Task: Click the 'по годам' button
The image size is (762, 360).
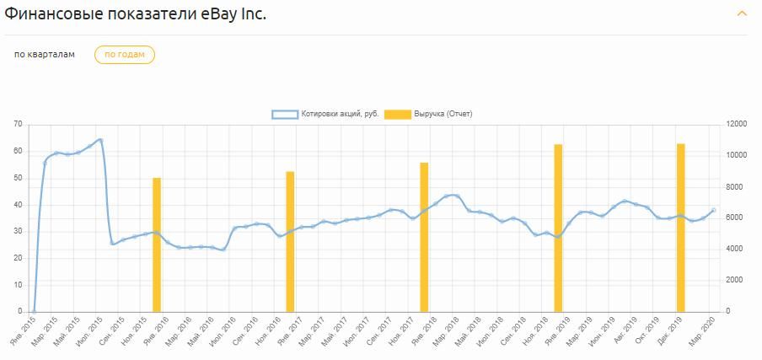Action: tap(124, 55)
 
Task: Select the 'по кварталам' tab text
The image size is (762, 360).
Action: tap(45, 55)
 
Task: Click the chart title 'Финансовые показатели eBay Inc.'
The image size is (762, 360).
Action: tap(136, 14)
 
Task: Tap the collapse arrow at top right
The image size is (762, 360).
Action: tap(742, 13)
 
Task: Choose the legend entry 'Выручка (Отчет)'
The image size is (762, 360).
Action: tap(432, 114)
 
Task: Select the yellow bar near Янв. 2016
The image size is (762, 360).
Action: tap(157, 244)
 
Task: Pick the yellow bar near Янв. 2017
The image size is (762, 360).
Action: tap(290, 241)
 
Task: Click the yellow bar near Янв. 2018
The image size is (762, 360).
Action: tap(424, 237)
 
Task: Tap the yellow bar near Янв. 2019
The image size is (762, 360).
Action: tap(558, 228)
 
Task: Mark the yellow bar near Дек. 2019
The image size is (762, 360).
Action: tap(680, 228)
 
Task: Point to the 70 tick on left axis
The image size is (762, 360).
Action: tap(18, 125)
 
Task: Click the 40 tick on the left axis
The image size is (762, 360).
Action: tap(18, 205)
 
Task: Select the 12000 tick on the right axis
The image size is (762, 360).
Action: tap(736, 125)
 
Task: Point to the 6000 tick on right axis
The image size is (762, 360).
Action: tap(734, 218)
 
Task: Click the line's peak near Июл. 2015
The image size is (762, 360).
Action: tap(100, 140)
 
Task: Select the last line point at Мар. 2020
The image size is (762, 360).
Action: tap(713, 210)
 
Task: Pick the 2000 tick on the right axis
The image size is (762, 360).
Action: tap(734, 280)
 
